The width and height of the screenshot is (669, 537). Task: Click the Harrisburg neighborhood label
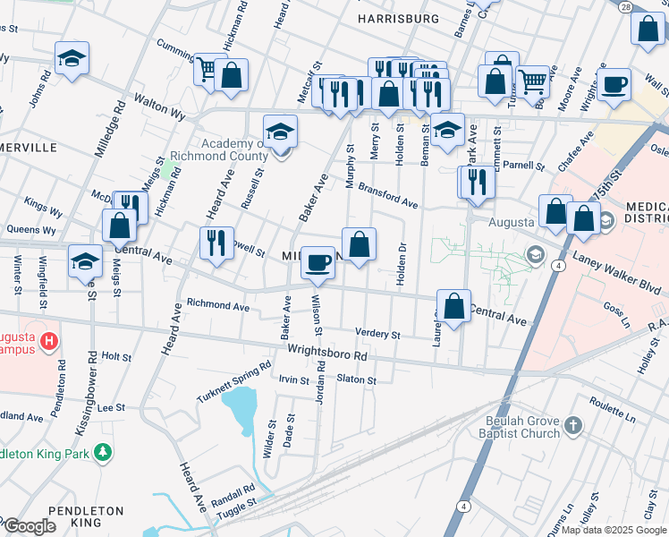pyautogui.click(x=398, y=18)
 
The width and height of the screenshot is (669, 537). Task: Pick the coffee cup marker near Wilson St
pyautogui.click(x=318, y=262)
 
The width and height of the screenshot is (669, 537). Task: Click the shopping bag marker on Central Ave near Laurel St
pyautogui.click(x=454, y=305)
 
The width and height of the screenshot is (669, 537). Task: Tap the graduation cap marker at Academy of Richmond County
pyautogui.click(x=280, y=132)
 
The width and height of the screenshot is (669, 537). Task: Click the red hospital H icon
pyautogui.click(x=50, y=341)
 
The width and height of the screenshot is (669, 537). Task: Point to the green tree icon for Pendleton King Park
pyautogui.click(x=105, y=452)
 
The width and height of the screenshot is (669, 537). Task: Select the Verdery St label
pyautogui.click(x=377, y=334)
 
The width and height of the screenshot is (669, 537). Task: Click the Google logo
pyautogui.click(x=29, y=527)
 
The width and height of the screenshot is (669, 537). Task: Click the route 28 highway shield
pyautogui.click(x=624, y=5)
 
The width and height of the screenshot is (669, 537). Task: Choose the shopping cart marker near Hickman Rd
pyautogui.click(x=207, y=69)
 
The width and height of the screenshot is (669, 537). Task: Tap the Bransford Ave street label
pyautogui.click(x=388, y=197)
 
